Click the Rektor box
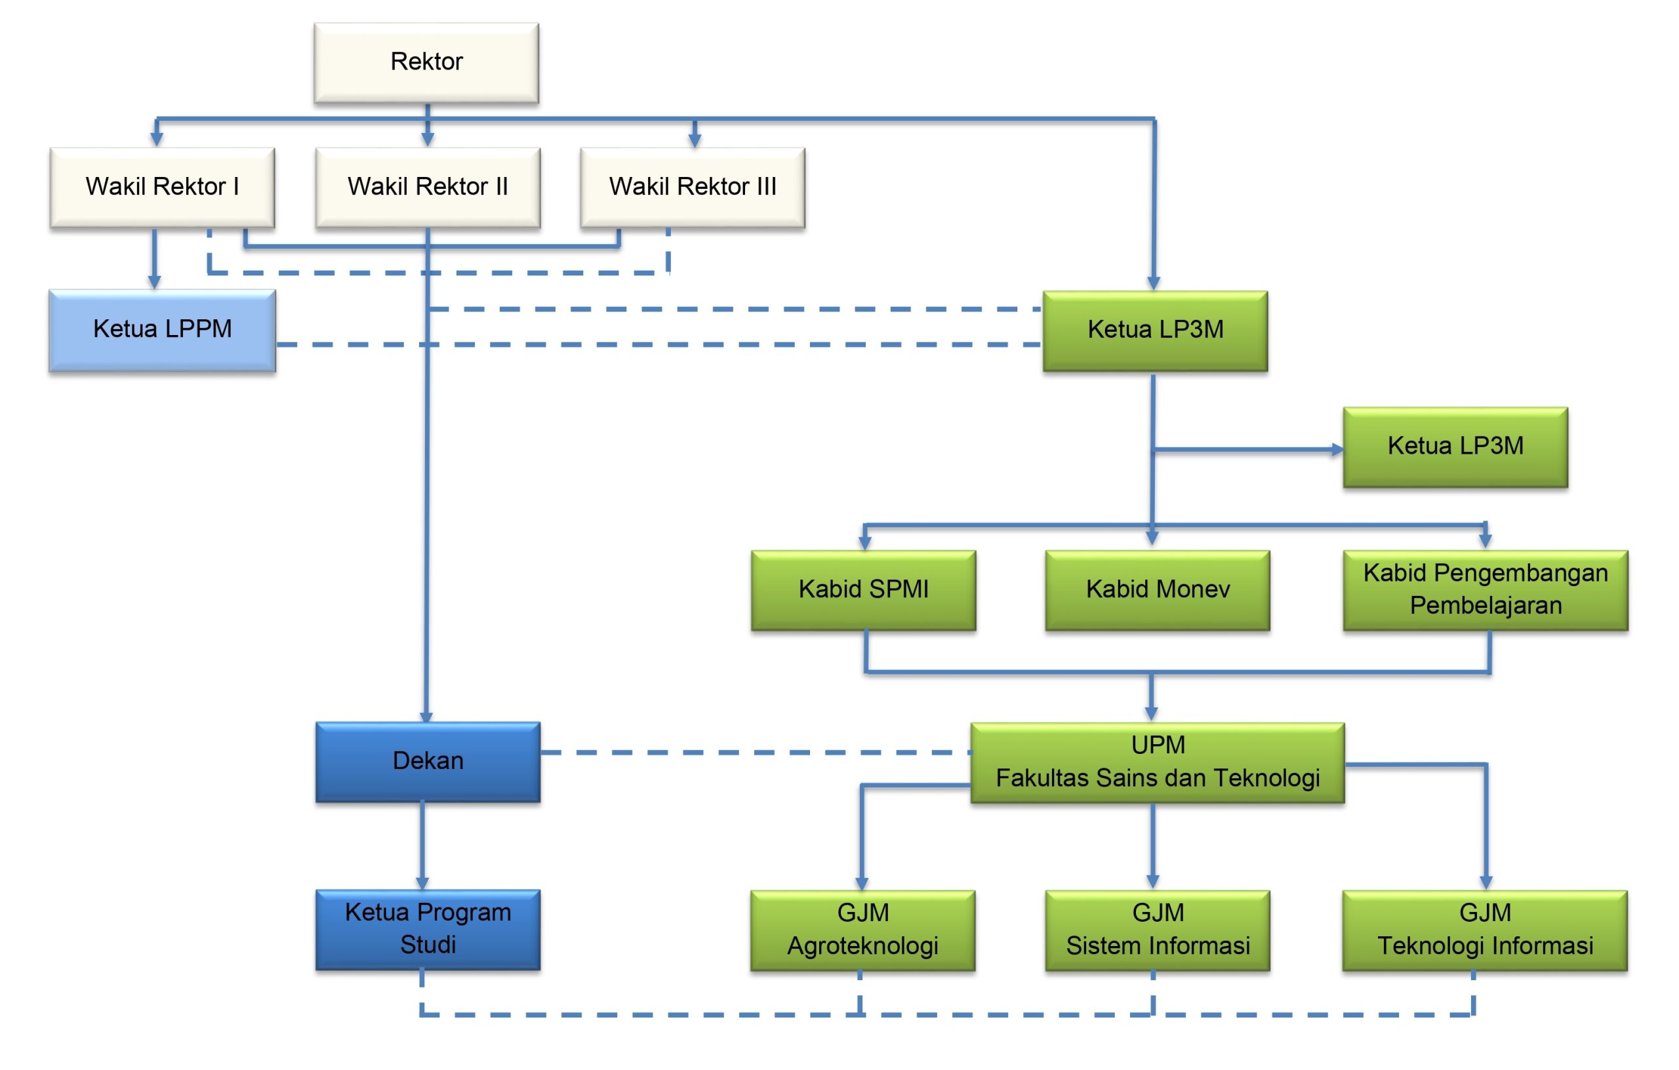[x=426, y=63]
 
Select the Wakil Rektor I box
[x=162, y=187]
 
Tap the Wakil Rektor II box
[x=428, y=187]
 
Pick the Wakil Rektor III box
[x=693, y=187]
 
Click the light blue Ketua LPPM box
[x=162, y=330]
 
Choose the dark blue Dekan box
[x=428, y=761]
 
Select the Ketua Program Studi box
[x=428, y=929]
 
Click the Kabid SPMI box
[x=863, y=589]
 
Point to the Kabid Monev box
[x=1158, y=589]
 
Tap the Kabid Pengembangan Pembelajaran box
[x=1485, y=589]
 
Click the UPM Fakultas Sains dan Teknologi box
[x=1158, y=762]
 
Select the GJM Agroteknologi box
[x=862, y=930]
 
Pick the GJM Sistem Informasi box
[x=1158, y=930]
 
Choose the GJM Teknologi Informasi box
[x=1484, y=930]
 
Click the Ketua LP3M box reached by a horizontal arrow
[x=1455, y=447]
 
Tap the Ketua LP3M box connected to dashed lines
[x=1155, y=330]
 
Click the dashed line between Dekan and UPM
[x=753, y=752]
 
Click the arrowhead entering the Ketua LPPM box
[x=154, y=282]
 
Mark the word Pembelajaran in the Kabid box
[x=1485, y=606]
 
